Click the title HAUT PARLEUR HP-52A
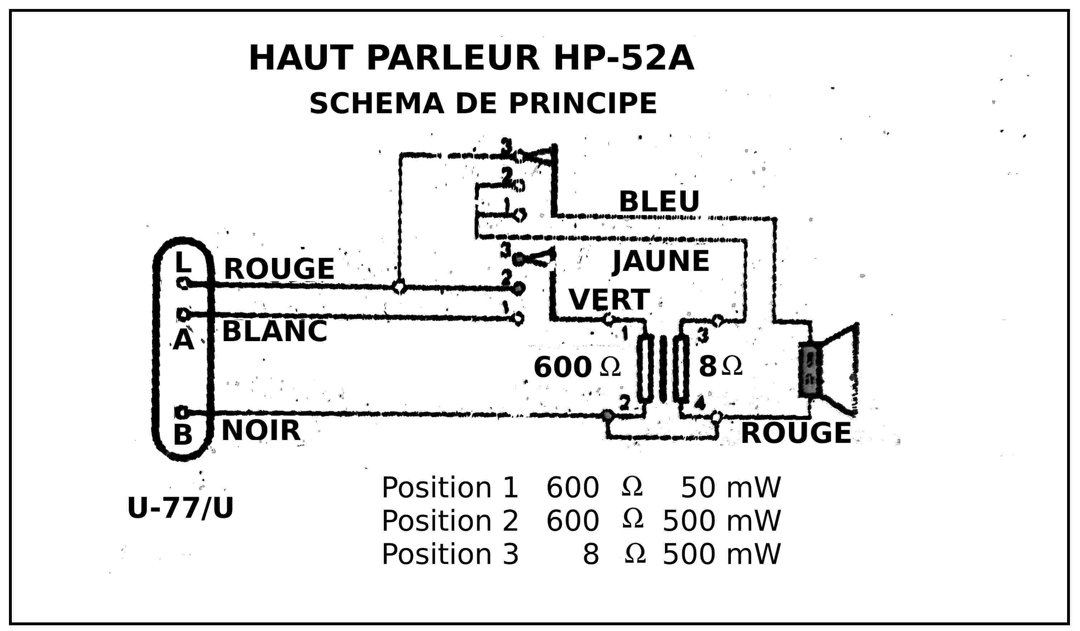pyautogui.click(x=471, y=58)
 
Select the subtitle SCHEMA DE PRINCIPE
pyautogui.click(x=483, y=104)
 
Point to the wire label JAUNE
pyautogui.click(x=661, y=261)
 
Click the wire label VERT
pyautogui.click(x=609, y=300)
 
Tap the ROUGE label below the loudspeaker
pyautogui.click(x=796, y=433)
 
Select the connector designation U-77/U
pyautogui.click(x=180, y=508)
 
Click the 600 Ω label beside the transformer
pyautogui.click(x=576, y=367)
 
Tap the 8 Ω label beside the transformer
pyautogui.click(x=720, y=367)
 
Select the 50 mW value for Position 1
pyautogui.click(x=731, y=488)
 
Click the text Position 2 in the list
pyautogui.click(x=449, y=521)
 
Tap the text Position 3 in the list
pyautogui.click(x=449, y=554)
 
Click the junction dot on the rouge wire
pyautogui.click(x=399, y=287)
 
